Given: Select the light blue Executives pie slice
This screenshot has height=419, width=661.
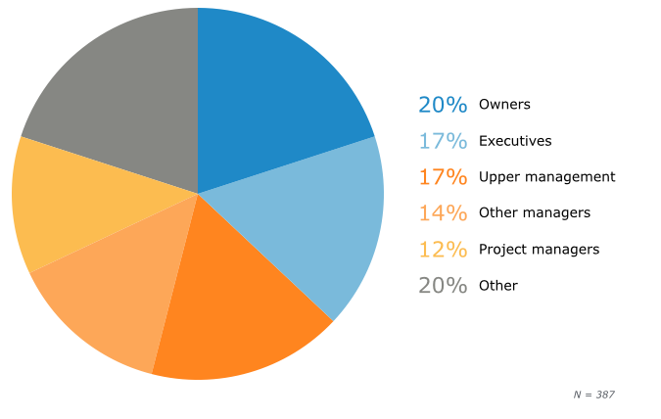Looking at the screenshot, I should (x=313, y=220).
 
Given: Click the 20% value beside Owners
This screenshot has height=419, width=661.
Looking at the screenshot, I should (x=443, y=105).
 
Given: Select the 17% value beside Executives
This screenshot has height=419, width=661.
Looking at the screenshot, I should (x=443, y=141).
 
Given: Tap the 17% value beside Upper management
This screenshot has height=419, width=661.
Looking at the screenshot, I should (x=443, y=177).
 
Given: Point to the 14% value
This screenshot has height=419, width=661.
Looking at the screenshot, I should (x=443, y=213).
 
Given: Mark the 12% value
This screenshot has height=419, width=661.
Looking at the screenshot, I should (x=443, y=250).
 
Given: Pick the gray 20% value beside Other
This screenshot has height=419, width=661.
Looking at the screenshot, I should (x=443, y=286).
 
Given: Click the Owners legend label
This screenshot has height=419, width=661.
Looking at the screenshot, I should (x=504, y=105).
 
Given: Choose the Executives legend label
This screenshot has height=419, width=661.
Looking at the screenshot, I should (x=515, y=141).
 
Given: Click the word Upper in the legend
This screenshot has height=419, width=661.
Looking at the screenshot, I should (x=497, y=177).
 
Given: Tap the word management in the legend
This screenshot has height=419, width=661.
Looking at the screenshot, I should (x=569, y=177).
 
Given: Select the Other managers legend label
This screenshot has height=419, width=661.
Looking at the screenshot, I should (x=535, y=213).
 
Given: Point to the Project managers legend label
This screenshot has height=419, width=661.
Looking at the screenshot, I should (x=539, y=250).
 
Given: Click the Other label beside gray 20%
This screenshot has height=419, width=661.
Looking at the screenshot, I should (x=498, y=286).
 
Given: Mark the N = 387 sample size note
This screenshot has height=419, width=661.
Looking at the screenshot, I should (x=593, y=395).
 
